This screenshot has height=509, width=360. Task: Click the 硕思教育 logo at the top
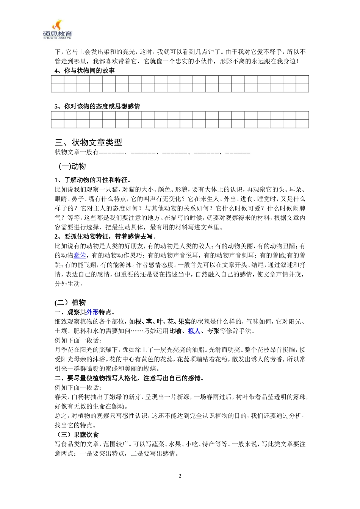point(58,30)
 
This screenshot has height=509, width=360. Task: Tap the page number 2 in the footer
point(180,476)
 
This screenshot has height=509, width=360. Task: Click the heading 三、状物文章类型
point(88,142)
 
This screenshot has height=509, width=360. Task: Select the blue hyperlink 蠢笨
point(80,256)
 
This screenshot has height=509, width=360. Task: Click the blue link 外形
point(92,312)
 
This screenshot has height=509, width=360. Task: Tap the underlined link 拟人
point(194,331)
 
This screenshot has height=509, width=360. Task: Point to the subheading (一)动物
point(72,166)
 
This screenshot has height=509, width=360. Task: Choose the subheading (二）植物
point(70,302)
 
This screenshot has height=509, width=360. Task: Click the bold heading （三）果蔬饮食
point(77,435)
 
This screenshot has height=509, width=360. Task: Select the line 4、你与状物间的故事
point(85,71)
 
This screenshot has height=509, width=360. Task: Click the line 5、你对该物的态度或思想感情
point(97,106)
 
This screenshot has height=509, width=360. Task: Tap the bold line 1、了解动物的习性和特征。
point(93,180)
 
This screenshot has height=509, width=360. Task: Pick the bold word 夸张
point(213,331)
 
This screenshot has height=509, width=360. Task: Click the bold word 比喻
point(175,331)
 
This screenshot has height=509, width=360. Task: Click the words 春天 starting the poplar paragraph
point(61,397)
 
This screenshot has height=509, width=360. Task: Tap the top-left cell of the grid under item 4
point(58,80)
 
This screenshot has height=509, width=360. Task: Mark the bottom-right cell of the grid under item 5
point(302,124)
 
